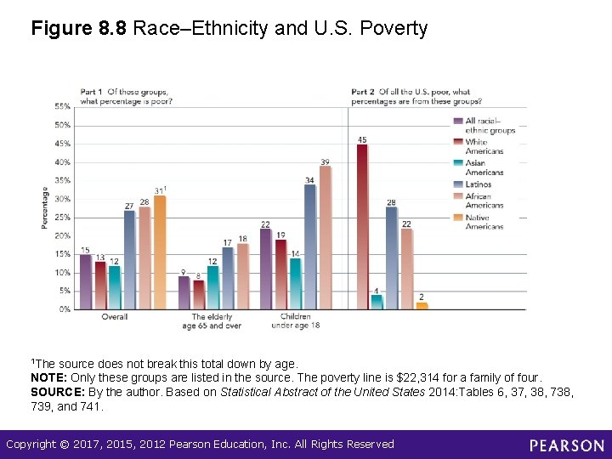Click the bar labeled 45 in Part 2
(x=362, y=226)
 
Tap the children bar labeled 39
(x=325, y=237)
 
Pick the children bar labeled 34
(x=309, y=246)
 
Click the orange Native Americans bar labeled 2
(x=422, y=305)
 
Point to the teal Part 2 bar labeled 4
(x=377, y=302)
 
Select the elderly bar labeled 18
(x=242, y=276)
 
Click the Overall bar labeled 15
(x=85, y=281)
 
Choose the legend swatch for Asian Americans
(x=458, y=163)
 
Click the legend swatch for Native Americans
(x=458, y=218)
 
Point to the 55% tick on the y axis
(x=63, y=106)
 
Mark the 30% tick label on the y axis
(x=63, y=199)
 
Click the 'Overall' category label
(x=115, y=317)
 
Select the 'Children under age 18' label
(x=296, y=321)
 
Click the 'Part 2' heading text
(x=363, y=92)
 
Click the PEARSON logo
(x=566, y=445)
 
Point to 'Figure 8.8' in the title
(x=78, y=29)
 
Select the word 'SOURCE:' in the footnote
(x=57, y=392)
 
